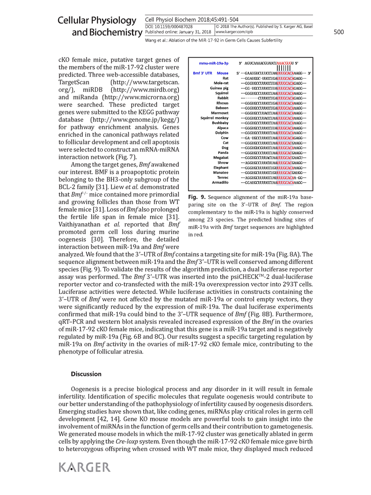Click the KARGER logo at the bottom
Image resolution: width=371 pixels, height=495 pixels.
(85, 467)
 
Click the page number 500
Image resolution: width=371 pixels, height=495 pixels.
(339, 32)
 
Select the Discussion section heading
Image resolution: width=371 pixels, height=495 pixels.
(86, 374)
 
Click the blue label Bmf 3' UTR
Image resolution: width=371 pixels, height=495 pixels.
(204, 73)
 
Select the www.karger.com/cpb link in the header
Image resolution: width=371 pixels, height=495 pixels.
(234, 32)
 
